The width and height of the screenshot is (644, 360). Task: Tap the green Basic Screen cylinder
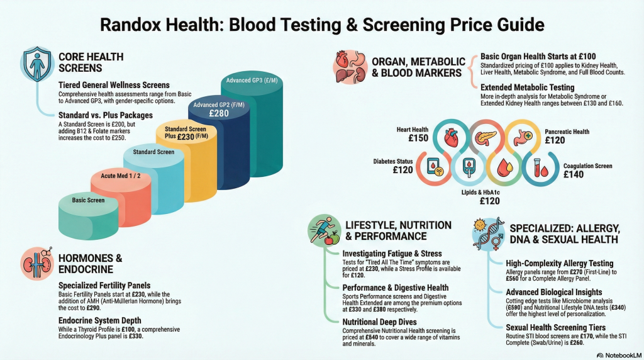(88, 216)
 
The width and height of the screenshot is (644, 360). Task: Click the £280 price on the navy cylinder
(219, 113)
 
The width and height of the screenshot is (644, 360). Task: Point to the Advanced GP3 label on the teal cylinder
(252, 81)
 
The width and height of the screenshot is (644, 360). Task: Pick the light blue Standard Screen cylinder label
(153, 152)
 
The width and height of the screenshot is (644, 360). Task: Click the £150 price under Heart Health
(418, 138)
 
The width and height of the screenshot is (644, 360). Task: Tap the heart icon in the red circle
(451, 137)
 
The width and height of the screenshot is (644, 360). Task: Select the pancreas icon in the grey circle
(486, 137)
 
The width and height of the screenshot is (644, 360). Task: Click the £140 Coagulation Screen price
(574, 174)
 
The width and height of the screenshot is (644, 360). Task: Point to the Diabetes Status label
(393, 162)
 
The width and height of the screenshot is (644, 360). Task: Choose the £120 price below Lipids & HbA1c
(489, 201)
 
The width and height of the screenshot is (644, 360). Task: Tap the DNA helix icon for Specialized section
(489, 234)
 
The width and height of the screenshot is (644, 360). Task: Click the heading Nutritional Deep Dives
(379, 322)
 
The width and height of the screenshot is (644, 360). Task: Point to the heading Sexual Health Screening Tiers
(556, 327)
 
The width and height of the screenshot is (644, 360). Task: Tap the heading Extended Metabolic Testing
(528, 87)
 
